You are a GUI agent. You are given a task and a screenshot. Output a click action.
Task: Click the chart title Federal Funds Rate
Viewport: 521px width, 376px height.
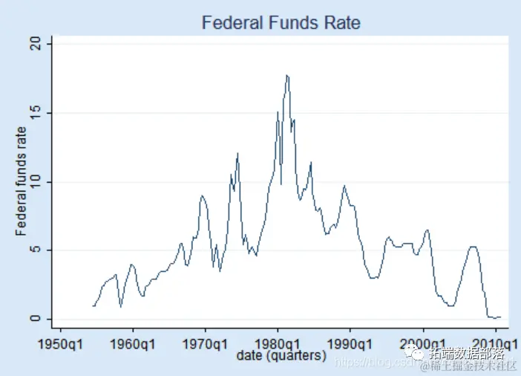(x=281, y=23)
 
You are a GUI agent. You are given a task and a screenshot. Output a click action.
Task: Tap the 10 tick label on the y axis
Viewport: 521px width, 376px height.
(x=43, y=182)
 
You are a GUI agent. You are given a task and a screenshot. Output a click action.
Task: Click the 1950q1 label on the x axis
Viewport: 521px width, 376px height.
(x=61, y=344)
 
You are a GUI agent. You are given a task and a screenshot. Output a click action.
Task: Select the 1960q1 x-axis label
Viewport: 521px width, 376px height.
(x=133, y=344)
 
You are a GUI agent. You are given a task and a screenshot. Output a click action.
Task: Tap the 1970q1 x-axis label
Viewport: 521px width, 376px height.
(x=206, y=344)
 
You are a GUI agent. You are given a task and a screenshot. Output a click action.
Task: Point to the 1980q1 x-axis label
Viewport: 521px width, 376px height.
(x=278, y=344)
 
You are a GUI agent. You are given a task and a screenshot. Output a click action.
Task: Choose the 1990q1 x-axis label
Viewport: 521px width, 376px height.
(x=350, y=344)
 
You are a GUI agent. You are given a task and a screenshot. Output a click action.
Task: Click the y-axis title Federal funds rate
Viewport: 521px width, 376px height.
(x=22, y=182)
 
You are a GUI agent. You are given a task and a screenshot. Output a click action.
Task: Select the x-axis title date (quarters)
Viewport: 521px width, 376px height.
(x=281, y=357)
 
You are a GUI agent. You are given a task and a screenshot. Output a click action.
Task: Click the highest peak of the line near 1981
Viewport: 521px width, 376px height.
(x=286, y=75)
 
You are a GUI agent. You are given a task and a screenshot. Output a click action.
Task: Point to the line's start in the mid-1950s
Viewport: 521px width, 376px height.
(x=93, y=305)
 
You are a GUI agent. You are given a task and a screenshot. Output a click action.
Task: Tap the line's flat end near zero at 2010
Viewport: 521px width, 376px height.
(x=499, y=317)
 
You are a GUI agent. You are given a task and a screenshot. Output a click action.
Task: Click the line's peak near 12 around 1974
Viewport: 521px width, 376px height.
(x=237, y=153)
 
